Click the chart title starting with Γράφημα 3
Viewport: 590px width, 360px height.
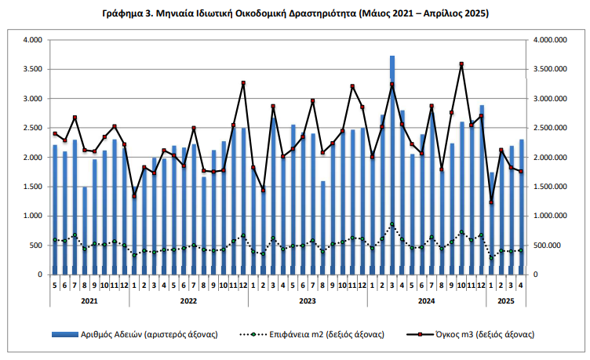coord(295,14)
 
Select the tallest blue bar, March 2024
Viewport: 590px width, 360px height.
coord(392,165)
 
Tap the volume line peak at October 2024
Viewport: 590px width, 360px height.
coord(461,64)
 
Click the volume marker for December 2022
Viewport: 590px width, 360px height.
coord(243,83)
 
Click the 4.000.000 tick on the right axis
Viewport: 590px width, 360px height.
coord(549,40)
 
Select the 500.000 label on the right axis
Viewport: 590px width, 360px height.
coord(546,245)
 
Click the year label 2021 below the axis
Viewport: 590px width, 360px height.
coord(89,300)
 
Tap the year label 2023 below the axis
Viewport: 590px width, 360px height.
coord(308,300)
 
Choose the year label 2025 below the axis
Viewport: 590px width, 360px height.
coord(506,300)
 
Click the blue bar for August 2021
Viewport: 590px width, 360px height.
coord(85,231)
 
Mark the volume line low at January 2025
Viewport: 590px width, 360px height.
coord(491,202)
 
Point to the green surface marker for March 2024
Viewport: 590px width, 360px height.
coord(392,224)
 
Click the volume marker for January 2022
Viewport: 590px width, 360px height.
coord(134,196)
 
